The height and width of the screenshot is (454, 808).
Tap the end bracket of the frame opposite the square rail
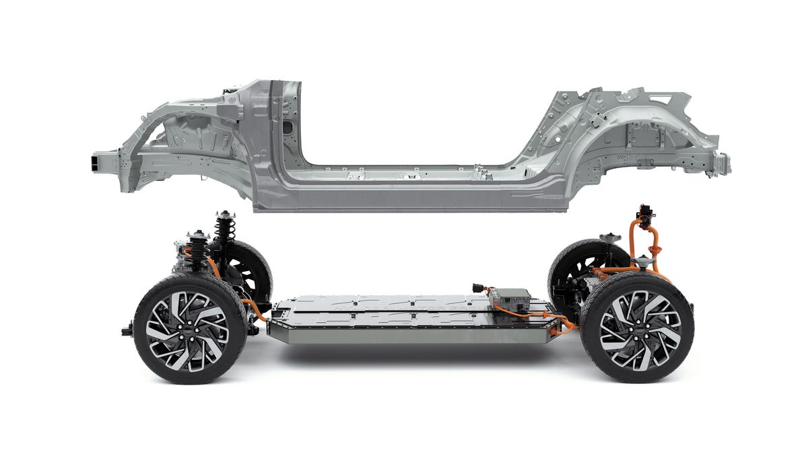tap(720, 163)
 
